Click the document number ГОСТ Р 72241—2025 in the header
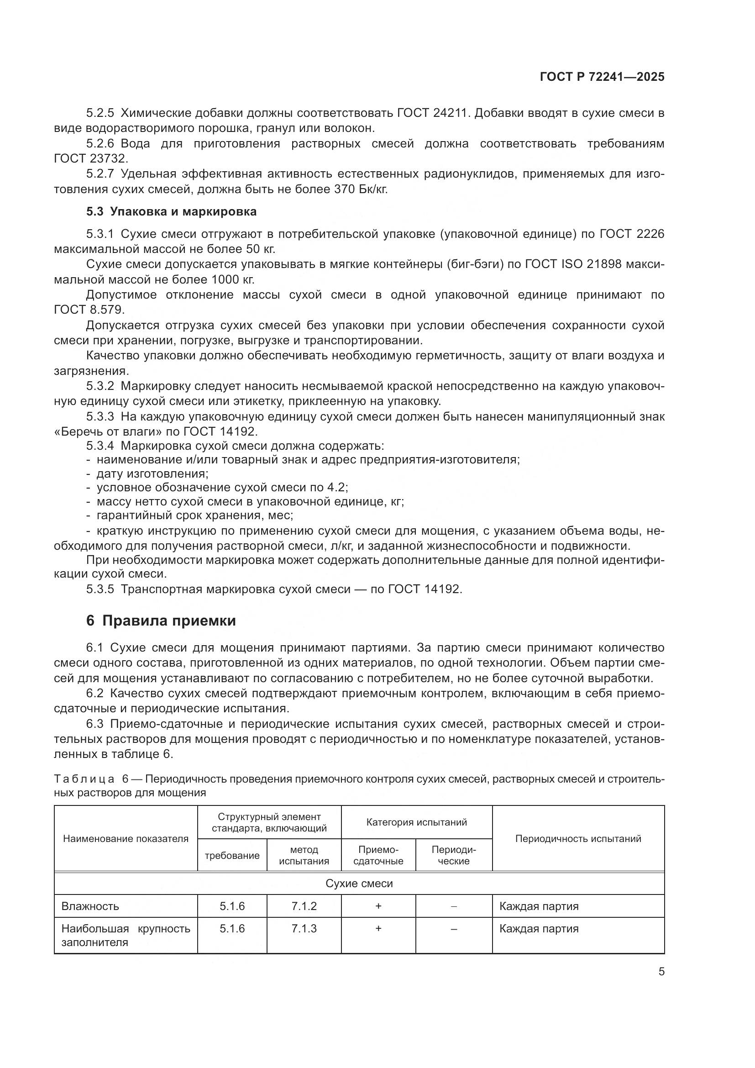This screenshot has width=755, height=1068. [602, 77]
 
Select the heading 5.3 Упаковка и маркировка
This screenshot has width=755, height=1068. [171, 212]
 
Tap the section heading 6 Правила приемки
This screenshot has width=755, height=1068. [161, 621]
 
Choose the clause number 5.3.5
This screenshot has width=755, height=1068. [100, 589]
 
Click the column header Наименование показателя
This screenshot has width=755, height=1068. [126, 838]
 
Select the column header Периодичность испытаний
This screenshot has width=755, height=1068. [578, 838]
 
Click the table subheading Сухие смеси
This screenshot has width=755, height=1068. [359, 884]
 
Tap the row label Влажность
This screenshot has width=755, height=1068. [90, 906]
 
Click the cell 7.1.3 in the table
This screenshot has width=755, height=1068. [304, 928]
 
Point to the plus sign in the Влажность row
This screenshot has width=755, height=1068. [378, 905]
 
